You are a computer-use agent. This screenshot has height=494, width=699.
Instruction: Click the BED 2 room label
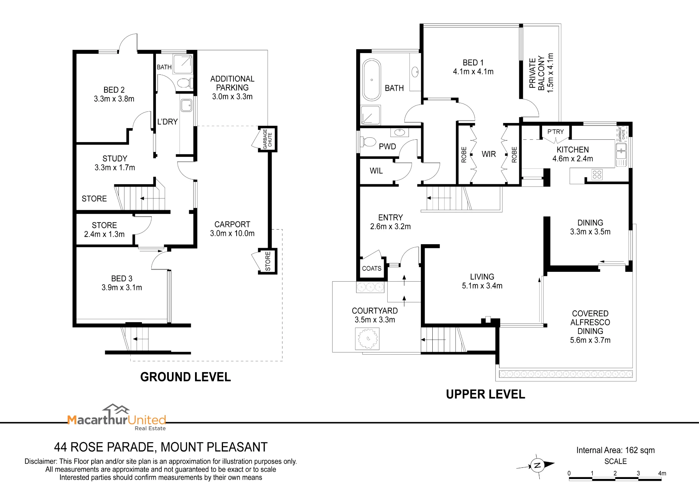(x=114, y=90)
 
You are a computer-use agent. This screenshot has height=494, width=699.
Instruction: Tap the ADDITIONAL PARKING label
(x=232, y=83)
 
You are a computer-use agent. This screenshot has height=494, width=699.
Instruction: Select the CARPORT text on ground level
(x=232, y=224)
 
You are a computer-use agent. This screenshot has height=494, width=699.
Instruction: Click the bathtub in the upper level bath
(x=372, y=80)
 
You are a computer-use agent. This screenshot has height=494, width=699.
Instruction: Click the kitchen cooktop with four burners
(x=597, y=175)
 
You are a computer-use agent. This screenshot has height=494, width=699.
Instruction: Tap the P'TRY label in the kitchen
(x=555, y=132)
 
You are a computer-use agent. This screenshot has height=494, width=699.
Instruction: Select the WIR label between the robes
(x=489, y=154)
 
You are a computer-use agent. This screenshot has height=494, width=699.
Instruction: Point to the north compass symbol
(x=537, y=465)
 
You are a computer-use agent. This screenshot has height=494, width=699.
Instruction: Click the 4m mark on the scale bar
(x=662, y=473)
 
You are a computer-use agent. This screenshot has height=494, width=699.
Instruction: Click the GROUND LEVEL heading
(x=186, y=377)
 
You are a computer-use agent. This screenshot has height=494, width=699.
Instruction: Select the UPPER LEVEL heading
(x=485, y=394)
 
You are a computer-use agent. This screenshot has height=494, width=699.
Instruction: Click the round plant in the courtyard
(x=367, y=339)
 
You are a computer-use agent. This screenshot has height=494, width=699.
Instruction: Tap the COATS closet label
(x=372, y=268)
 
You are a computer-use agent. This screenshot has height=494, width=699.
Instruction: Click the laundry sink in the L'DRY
(x=186, y=105)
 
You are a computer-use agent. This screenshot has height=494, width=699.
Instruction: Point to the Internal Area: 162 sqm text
(x=615, y=450)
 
